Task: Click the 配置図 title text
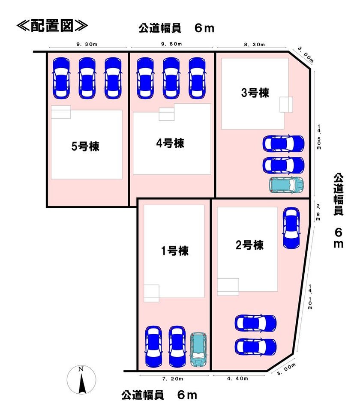[x=52, y=26]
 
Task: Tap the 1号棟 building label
[x=175, y=251]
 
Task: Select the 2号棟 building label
[x=249, y=245]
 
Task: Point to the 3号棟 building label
[x=255, y=93]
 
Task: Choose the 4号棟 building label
[x=170, y=143]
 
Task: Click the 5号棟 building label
[x=86, y=147]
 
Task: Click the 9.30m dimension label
[x=87, y=45]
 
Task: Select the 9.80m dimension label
[x=171, y=44]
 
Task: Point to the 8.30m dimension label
[x=255, y=45]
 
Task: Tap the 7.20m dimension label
[x=173, y=379]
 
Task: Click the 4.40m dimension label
[x=237, y=378]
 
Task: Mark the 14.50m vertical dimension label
[x=319, y=137]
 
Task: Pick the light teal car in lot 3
[x=287, y=185]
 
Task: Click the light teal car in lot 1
[x=198, y=349]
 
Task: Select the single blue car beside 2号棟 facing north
[x=291, y=228]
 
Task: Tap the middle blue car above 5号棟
[x=87, y=78]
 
